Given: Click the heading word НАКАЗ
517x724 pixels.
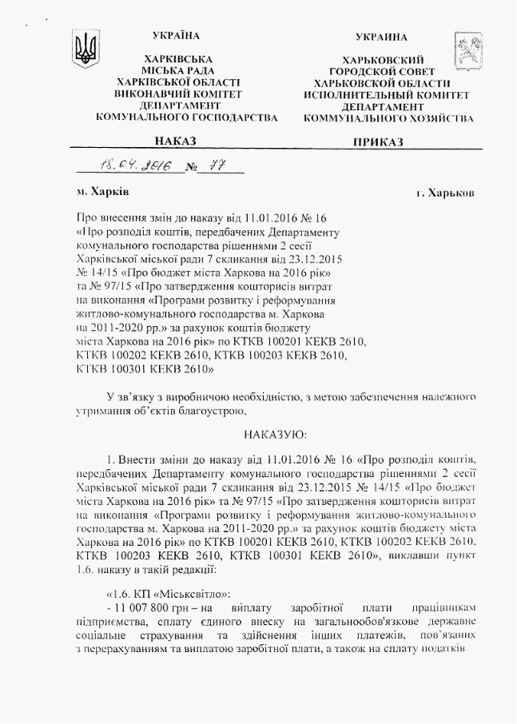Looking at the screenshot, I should coord(176,141).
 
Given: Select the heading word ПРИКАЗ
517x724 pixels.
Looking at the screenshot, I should coord(380,141).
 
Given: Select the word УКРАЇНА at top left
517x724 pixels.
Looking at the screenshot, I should coord(176,35).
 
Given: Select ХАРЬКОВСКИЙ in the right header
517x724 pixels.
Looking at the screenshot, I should coord(381,60).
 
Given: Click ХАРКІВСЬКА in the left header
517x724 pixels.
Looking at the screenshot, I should coord(177,59).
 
